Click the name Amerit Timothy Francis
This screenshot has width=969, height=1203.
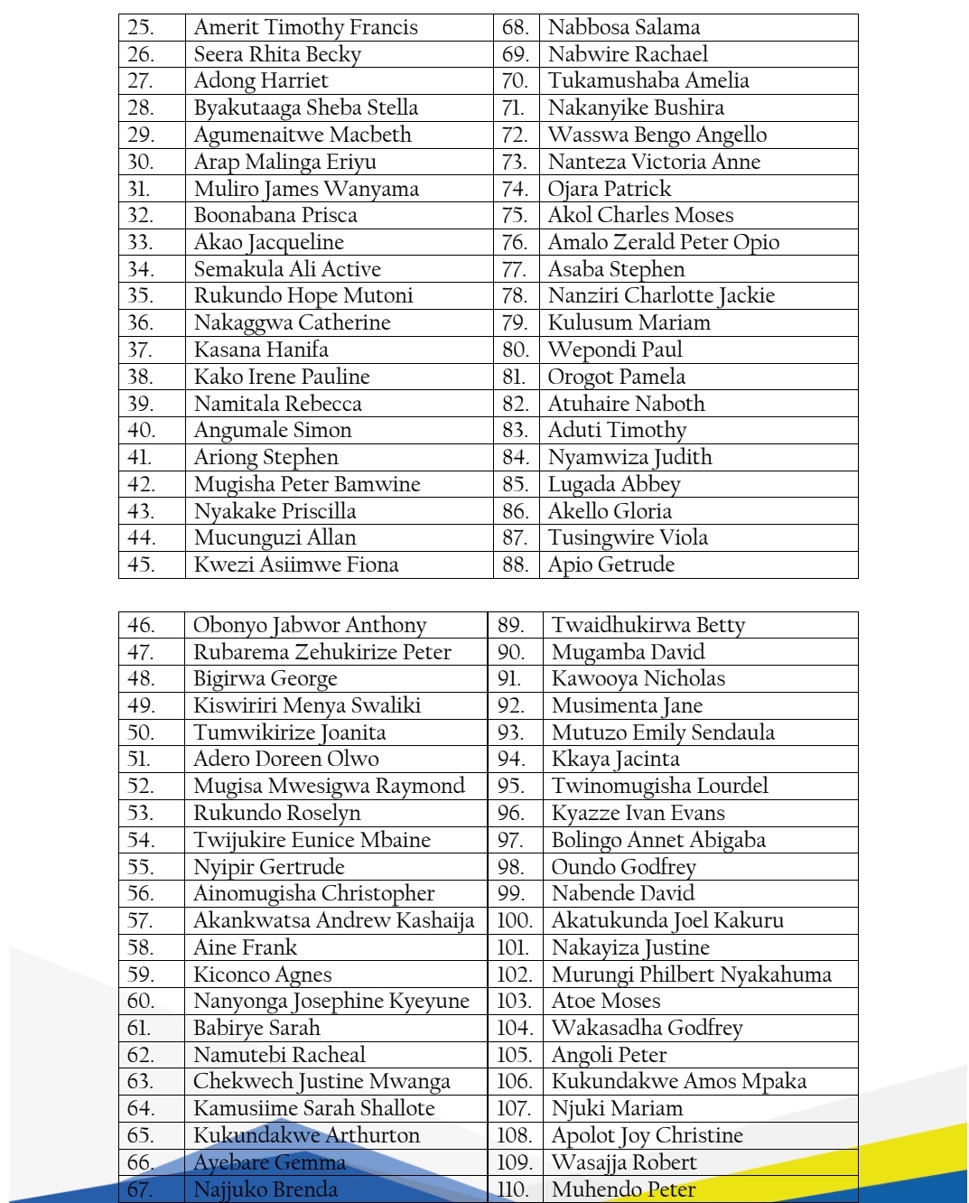point(305,27)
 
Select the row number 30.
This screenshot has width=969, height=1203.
point(141,162)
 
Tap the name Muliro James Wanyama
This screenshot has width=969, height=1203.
point(306,189)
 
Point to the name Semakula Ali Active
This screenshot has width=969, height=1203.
point(287,269)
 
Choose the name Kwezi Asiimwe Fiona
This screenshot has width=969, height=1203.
point(296,564)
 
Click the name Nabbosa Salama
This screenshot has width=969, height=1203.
point(624,27)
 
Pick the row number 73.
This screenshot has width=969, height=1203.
point(515,162)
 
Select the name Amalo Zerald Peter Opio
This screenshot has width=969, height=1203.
point(664,242)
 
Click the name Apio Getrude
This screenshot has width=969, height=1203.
point(611,564)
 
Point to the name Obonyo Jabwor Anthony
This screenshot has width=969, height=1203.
point(310,625)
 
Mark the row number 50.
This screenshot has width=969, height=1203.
point(141,732)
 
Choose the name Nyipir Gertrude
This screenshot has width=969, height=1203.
point(269,867)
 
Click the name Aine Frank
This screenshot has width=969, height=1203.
point(245,947)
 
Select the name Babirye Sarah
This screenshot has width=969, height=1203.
point(256,1028)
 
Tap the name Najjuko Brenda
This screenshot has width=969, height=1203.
point(266,1189)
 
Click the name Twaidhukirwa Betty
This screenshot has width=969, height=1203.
point(648,625)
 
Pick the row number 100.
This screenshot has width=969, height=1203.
point(515,920)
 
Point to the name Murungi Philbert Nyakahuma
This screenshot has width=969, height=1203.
point(692,975)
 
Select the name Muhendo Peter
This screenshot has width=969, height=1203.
point(624,1189)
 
